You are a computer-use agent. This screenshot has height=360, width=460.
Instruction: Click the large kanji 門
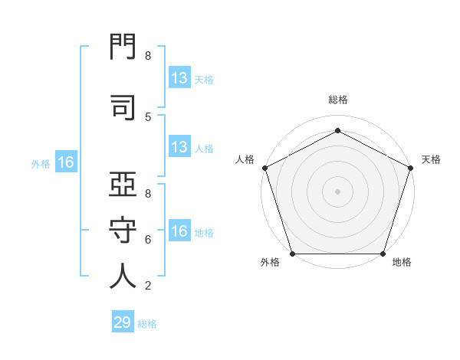coord(123,46)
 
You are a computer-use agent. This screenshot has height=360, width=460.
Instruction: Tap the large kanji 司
coord(123,107)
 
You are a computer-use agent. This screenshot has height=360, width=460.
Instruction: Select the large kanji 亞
coord(123,184)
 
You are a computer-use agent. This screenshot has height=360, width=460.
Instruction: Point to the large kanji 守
coord(123,230)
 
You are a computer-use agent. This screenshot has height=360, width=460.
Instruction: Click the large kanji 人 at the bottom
coord(123,276)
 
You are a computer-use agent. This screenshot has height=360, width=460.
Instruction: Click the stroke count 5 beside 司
coord(148,117)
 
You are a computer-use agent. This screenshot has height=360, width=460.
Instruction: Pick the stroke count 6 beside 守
coord(148,240)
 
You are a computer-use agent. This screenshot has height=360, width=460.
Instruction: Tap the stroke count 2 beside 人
coord(148,286)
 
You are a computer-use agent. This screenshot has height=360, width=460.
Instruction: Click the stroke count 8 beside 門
coord(148,56)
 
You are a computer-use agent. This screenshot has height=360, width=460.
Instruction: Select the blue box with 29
coord(123,321)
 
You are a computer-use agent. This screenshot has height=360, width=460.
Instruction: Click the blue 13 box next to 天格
coord(180,77)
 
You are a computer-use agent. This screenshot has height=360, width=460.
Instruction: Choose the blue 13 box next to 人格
coord(180,146)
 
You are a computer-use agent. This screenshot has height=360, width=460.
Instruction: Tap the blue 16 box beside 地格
coord(180,230)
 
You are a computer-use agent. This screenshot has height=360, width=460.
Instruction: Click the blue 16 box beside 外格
coord(66,162)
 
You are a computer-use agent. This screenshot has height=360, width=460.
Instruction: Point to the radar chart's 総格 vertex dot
coord(337,130)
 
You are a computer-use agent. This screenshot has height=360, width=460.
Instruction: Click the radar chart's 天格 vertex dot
coord(411,168)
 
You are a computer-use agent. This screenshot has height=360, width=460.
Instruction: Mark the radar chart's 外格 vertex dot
coord(293,254)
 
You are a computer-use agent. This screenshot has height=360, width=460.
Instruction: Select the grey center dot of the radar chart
coord(337,191)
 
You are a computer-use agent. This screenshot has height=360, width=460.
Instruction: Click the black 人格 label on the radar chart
coord(245,159)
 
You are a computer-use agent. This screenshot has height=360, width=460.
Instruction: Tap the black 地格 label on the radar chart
coord(402,262)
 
